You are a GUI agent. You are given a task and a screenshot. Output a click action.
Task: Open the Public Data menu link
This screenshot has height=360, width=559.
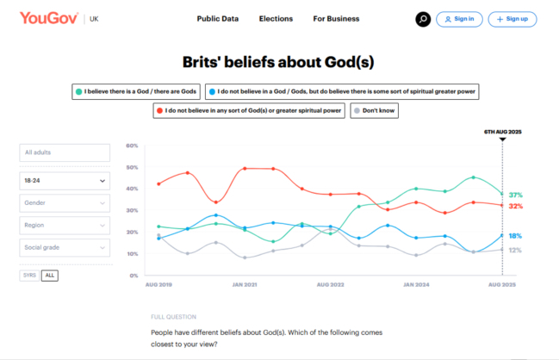point(217,19)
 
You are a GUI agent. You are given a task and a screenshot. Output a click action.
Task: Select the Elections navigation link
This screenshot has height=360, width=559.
point(276,19)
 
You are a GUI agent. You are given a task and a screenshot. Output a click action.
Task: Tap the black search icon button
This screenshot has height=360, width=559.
point(422,19)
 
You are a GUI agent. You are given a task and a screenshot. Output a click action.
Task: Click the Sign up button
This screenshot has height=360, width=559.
point(512,19)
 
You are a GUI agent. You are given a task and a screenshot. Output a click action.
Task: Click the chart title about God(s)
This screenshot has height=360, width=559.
point(278,62)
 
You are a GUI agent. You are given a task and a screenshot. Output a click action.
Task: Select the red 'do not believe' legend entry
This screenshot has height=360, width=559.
point(248,110)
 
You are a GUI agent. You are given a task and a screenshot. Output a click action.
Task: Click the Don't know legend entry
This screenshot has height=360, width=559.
point(374,110)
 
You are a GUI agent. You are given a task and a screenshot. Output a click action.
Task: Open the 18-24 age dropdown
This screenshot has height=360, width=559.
point(65,180)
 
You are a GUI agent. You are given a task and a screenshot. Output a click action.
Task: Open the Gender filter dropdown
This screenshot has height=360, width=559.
point(65,203)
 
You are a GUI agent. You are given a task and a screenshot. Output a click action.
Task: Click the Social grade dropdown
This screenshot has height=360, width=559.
point(65,248)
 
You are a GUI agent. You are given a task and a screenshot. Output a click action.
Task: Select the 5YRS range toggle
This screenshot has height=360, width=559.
point(30,275)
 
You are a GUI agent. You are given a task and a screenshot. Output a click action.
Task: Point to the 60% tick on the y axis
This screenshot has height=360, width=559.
point(133,145)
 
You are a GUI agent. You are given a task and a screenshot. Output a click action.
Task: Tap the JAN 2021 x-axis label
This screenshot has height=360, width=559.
point(245,284)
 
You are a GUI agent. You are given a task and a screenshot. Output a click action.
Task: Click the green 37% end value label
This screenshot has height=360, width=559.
point(516,195)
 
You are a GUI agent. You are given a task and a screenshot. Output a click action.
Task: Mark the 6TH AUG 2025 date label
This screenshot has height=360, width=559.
point(502,131)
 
